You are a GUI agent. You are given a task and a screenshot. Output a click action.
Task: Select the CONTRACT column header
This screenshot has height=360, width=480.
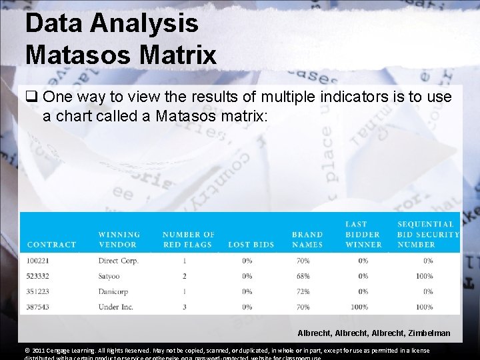point(51,245)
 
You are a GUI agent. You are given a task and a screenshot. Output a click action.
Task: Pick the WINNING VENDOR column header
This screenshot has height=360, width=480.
point(119,239)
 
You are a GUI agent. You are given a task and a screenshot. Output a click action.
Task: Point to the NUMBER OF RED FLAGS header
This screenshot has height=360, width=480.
point(188,239)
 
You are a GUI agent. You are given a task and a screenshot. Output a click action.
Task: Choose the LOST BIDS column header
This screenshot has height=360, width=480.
point(251,245)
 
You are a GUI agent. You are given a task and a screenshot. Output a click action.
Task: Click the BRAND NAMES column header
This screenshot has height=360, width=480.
point(307,239)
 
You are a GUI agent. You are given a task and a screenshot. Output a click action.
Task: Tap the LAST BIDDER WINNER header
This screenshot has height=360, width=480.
point(363,235)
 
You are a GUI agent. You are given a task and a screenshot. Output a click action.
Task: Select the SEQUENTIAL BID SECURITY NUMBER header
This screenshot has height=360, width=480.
point(428,235)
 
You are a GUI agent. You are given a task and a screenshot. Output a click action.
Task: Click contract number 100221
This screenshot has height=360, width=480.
point(39,261)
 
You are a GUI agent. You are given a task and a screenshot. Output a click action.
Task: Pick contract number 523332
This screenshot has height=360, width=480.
point(39,276)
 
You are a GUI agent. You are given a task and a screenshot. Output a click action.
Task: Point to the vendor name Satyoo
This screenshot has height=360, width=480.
point(110,276)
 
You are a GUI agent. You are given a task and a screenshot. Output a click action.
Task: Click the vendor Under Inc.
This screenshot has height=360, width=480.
point(115,307)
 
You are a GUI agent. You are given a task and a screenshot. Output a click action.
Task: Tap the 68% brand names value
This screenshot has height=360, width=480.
point(303,276)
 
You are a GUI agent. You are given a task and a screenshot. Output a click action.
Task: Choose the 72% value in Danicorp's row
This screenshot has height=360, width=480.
point(303,291)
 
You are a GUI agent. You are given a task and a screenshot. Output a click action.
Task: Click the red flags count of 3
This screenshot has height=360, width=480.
point(184,307)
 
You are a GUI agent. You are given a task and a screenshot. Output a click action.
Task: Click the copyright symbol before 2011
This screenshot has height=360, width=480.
point(27,351)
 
